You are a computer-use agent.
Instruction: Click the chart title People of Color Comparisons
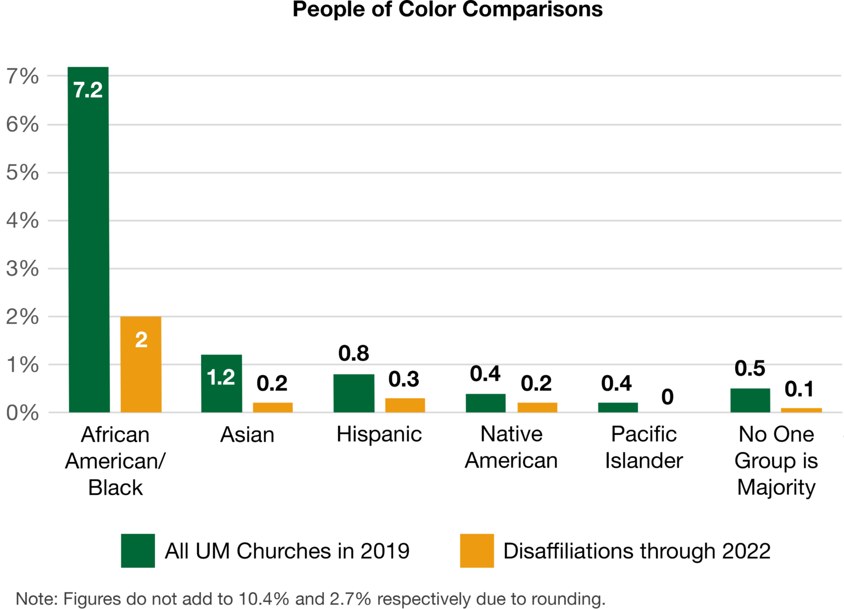[447, 10]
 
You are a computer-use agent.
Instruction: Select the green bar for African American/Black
[88, 247]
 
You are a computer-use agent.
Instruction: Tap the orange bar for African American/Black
[141, 373]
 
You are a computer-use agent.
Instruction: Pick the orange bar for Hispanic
[405, 405]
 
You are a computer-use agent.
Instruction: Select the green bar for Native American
[486, 403]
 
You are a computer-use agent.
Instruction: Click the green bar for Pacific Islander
[618, 407]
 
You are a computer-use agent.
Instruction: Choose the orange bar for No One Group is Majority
[801, 410]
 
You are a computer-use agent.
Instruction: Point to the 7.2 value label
[88, 90]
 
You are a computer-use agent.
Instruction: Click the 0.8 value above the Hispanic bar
[353, 354]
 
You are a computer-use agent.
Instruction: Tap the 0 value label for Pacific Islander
[667, 397]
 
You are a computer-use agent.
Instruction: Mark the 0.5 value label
[749, 368]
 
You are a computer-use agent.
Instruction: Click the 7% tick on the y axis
[23, 76]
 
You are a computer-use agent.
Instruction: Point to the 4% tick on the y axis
[23, 221]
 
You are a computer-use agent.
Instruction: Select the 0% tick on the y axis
[23, 413]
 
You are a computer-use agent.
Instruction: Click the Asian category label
[247, 435]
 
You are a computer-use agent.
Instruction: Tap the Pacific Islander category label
[643, 447]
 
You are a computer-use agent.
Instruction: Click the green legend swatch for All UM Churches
[138, 550]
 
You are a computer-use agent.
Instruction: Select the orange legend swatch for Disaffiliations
[477, 550]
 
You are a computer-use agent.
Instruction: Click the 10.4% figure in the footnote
[264, 599]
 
